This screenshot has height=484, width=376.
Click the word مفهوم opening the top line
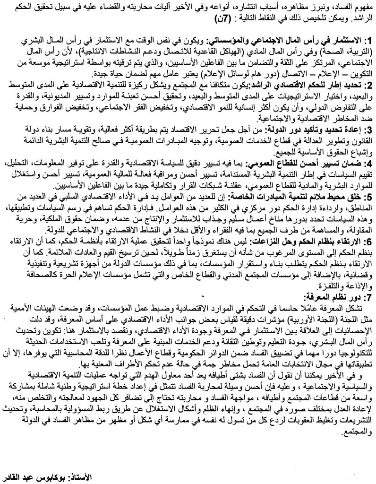click(x=363, y=9)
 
